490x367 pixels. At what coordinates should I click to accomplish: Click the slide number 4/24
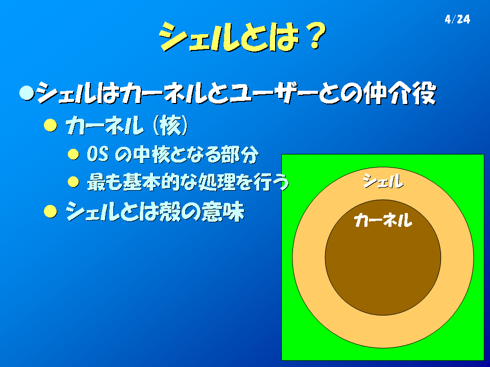click(x=457, y=19)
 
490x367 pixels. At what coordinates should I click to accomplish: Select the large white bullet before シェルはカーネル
click(x=27, y=93)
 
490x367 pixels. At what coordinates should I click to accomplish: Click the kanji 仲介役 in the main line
click(x=401, y=93)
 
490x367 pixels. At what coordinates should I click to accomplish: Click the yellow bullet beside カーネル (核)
click(x=51, y=125)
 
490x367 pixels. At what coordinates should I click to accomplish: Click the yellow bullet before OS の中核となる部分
click(x=73, y=154)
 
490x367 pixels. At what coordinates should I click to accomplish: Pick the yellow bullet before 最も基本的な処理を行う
click(x=73, y=181)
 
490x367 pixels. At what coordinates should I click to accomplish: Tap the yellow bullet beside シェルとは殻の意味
click(x=51, y=211)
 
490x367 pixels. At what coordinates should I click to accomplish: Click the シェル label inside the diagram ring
click(x=383, y=181)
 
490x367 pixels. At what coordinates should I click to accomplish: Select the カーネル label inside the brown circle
click(x=383, y=220)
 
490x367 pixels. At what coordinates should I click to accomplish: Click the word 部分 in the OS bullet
click(x=240, y=154)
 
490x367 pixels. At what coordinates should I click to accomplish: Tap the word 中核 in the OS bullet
click(x=152, y=154)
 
